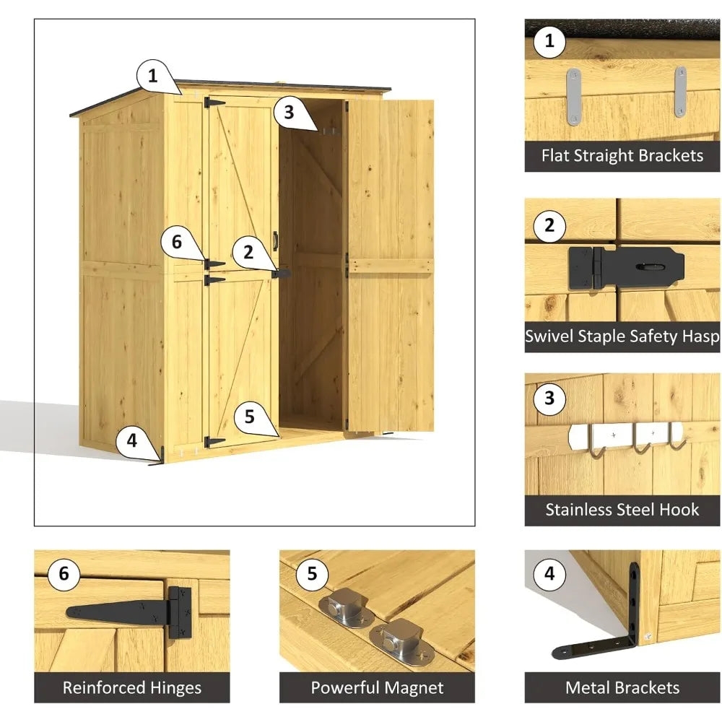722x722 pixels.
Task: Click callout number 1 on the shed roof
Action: click(152, 75)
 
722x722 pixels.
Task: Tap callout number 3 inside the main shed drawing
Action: click(289, 112)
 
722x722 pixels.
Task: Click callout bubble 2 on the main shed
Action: click(248, 252)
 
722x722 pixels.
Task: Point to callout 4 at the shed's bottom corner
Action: click(131, 440)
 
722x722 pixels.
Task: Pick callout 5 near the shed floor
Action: click(249, 417)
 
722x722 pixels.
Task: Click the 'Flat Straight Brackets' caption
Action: click(622, 156)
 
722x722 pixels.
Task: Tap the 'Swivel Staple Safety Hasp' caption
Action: click(622, 336)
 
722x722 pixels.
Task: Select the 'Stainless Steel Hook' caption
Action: click(622, 510)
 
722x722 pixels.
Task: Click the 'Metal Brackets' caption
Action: click(622, 687)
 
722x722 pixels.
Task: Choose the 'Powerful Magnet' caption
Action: click(377, 687)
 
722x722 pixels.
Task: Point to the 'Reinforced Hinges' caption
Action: click(131, 687)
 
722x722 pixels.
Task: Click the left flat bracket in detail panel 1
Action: click(573, 97)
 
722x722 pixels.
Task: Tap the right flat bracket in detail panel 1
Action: click(680, 92)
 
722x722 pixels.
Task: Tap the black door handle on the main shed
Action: click(275, 240)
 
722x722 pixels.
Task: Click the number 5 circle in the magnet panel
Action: click(312, 574)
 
